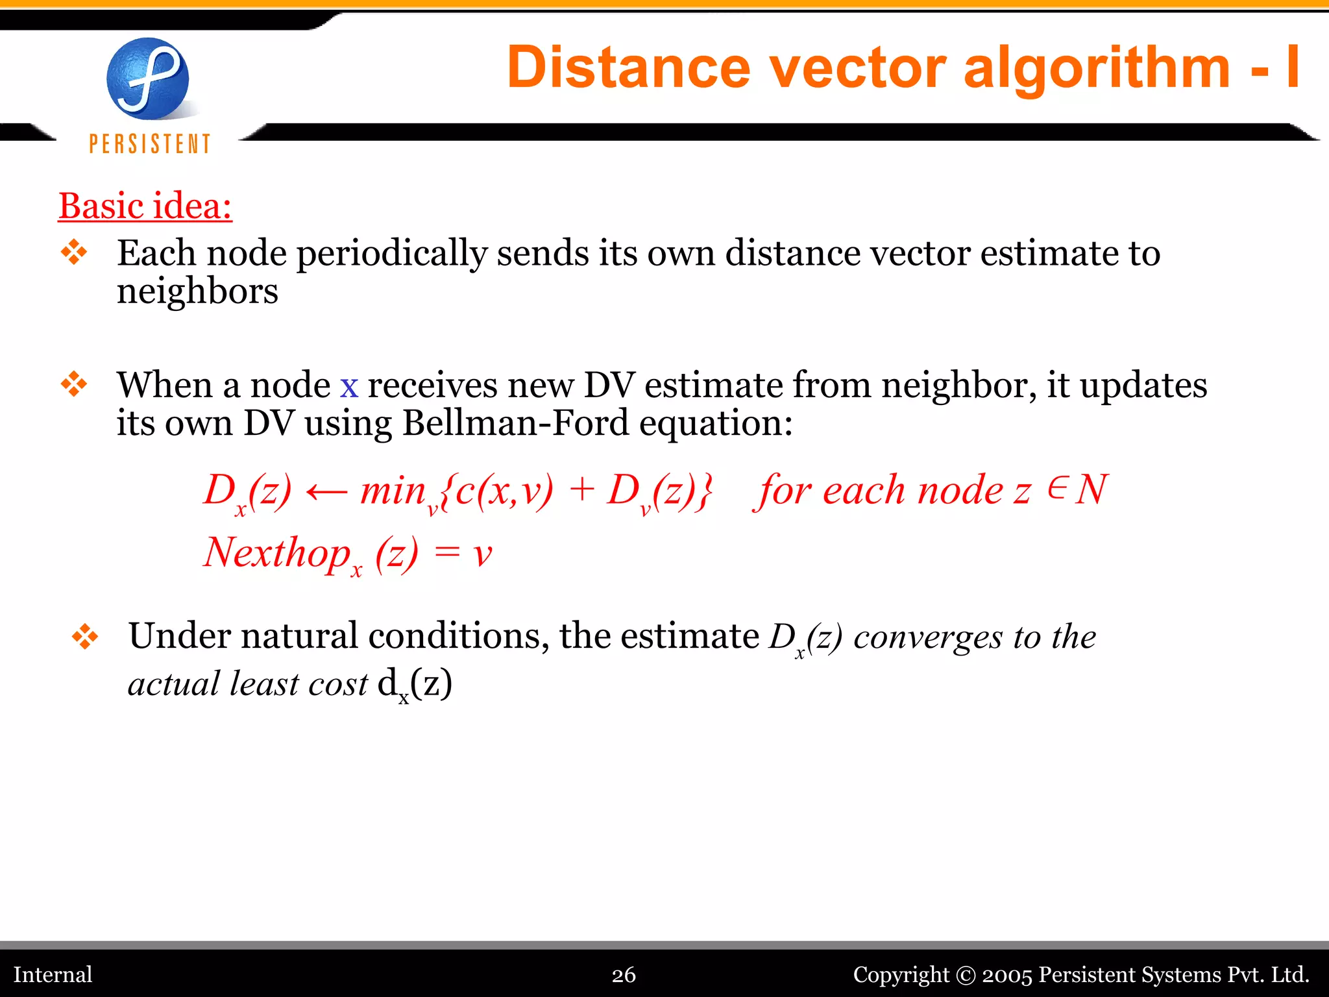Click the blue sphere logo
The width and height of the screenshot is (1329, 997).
(148, 79)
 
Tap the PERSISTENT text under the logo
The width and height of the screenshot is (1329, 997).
(150, 143)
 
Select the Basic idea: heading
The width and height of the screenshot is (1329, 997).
(145, 206)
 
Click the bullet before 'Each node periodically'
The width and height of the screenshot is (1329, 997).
(74, 252)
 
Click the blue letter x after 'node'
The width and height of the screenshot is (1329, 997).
(349, 386)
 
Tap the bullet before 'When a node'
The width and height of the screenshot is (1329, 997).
(74, 384)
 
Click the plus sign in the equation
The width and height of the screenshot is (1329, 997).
(582, 490)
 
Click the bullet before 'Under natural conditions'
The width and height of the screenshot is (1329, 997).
(85, 636)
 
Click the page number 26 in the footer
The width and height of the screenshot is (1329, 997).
(624, 974)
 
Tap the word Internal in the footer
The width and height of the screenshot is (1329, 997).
(53, 974)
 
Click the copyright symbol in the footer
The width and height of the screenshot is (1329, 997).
(966, 975)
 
